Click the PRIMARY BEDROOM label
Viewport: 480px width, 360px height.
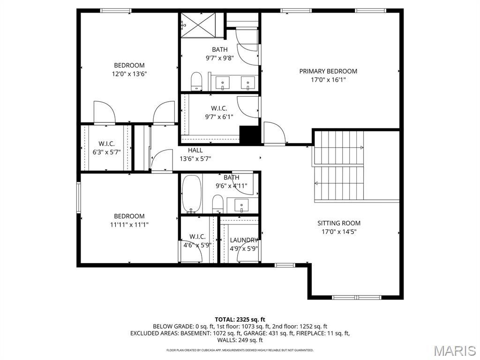(328, 71)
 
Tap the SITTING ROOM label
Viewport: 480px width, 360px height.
(339, 223)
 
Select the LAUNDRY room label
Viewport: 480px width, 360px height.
(244, 240)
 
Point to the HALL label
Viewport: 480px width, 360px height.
(195, 150)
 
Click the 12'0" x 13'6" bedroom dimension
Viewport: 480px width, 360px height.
(129, 74)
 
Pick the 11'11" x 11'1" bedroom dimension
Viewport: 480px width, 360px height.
(129, 225)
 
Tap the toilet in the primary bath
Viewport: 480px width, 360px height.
(196, 81)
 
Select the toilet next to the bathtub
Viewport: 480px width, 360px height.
(217, 203)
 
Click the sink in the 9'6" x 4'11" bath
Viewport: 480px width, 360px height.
(241, 205)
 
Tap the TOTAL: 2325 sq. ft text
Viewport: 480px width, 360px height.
(240, 319)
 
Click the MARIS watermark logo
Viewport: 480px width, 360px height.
(454, 351)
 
